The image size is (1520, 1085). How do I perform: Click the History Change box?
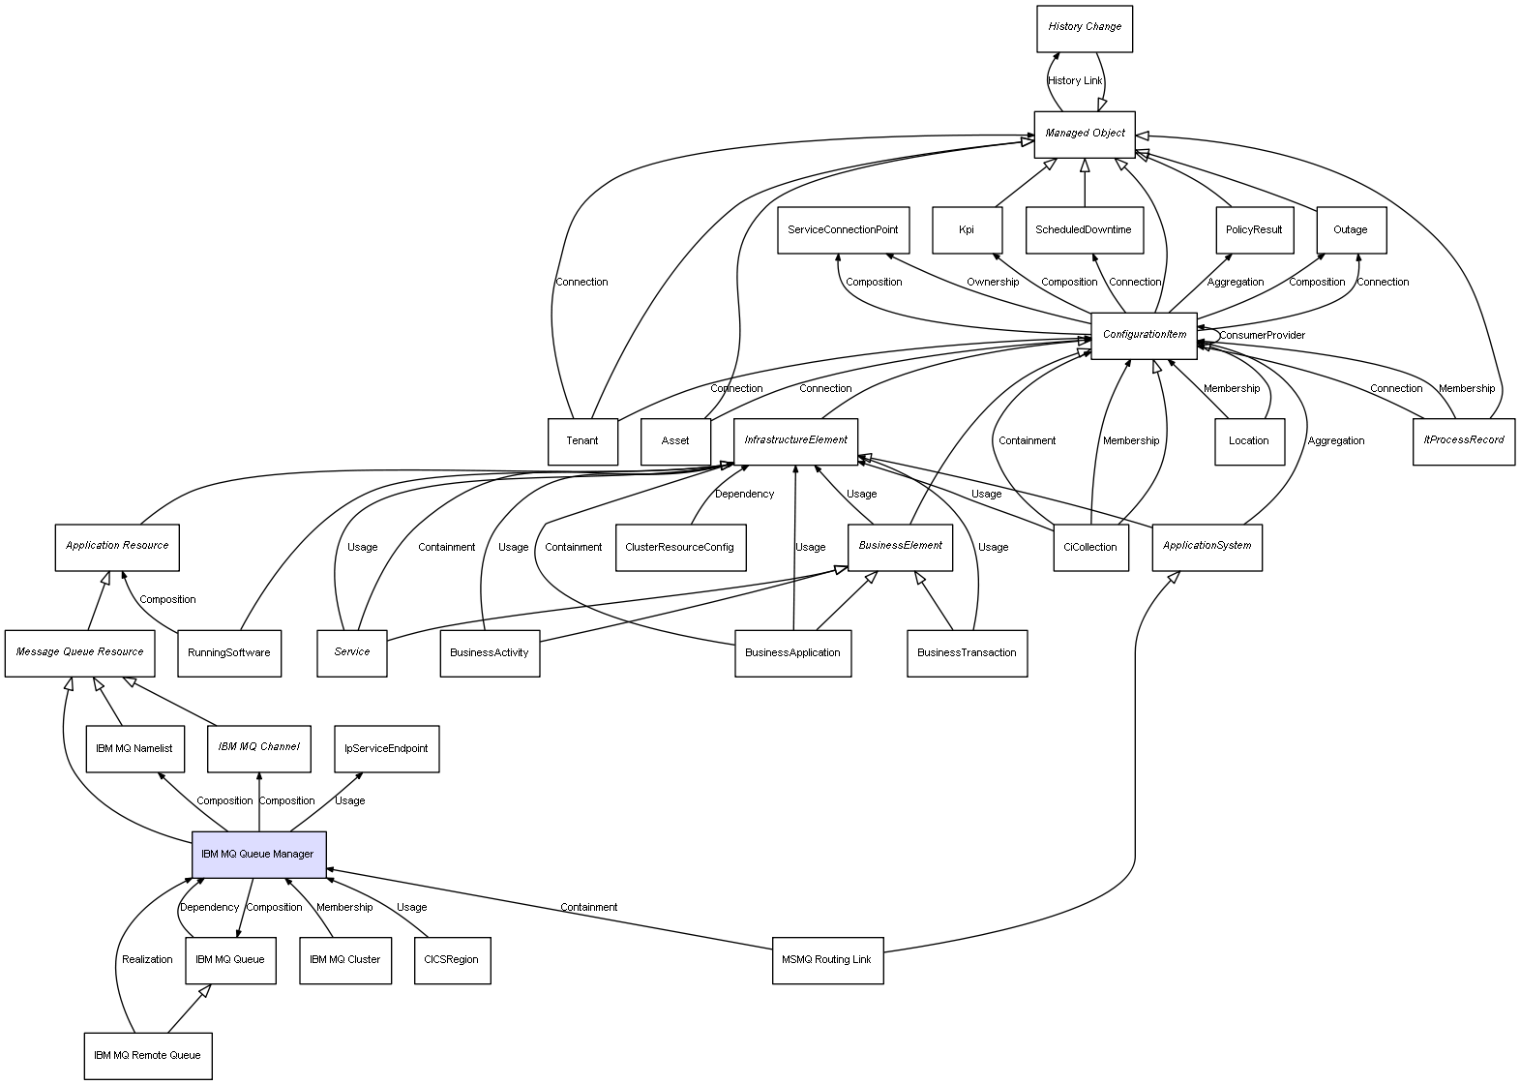1084,28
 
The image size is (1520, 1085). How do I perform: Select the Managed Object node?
1084,134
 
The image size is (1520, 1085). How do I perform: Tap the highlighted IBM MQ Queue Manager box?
258,854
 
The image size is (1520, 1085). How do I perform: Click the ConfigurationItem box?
1144,335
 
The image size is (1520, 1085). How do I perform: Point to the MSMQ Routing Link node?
827,960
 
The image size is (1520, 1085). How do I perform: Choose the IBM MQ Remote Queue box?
147,1055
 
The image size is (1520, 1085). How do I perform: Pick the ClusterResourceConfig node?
679,547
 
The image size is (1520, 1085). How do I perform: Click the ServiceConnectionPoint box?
842,230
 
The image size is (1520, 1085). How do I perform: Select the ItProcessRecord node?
1463,440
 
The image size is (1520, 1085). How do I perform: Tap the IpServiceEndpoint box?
386,748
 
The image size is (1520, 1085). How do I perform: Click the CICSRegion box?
451,960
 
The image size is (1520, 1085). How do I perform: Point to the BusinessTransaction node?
967,652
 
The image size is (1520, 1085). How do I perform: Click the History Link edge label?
1075,81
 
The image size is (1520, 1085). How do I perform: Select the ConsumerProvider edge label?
1262,336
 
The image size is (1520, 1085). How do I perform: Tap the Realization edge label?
147,960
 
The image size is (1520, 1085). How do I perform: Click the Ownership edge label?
992,283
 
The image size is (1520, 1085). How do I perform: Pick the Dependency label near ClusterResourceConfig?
744,495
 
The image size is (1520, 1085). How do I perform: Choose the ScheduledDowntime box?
1083,230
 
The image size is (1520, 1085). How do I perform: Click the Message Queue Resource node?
79,652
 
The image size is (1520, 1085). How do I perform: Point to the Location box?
1248,441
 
